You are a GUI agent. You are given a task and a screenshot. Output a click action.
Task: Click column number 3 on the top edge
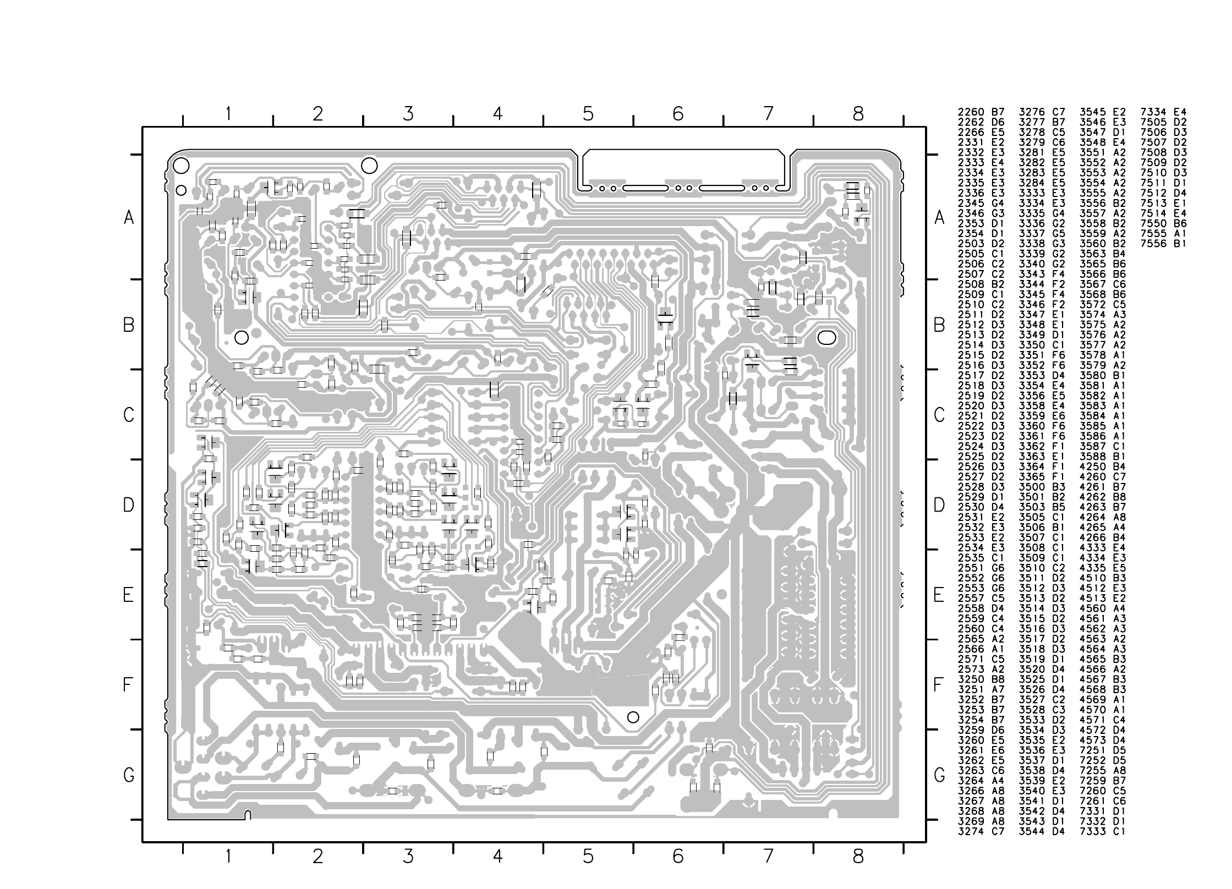coord(408,114)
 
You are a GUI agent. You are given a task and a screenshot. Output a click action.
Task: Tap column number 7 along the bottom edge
coord(768,856)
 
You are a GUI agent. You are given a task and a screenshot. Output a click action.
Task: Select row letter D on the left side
coord(128,505)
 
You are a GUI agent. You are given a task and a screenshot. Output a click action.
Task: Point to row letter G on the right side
coord(939,776)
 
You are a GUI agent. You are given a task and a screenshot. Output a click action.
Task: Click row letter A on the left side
coord(129,218)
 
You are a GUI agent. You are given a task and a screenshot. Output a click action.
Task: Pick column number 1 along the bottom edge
coord(228,856)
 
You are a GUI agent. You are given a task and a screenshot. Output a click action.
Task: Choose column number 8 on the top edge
coord(858,114)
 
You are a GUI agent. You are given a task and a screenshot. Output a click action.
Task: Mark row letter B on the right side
coord(939,326)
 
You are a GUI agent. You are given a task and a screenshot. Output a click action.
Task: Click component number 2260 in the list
coord(971,112)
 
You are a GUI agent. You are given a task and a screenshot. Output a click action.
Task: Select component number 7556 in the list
coord(1154,244)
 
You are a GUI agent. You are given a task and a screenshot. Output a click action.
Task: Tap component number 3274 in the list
coord(971,831)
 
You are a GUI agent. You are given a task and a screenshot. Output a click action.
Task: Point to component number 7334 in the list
coord(1154,112)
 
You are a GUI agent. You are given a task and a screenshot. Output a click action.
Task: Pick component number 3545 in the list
coord(1093,112)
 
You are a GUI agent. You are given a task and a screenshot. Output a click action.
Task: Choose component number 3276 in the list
coord(1032,112)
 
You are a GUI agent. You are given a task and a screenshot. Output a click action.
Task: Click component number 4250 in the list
coord(1093,467)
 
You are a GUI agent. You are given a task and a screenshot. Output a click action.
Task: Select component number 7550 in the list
coord(1154,223)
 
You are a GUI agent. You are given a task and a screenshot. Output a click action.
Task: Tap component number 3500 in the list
coord(1032,487)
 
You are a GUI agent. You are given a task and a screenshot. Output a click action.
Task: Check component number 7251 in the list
coord(1093,750)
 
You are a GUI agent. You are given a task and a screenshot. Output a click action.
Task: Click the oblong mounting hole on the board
coord(827,337)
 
